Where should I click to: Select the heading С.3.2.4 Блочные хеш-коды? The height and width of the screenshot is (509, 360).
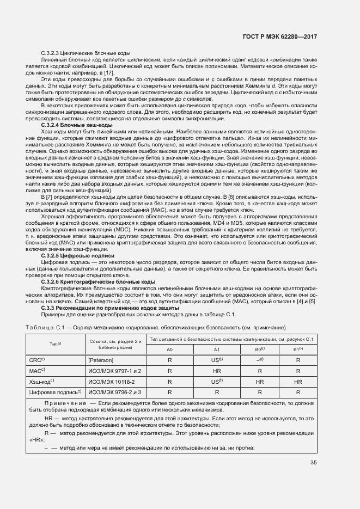tap(77, 125)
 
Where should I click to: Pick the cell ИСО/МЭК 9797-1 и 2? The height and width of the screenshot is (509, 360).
tap(114, 371)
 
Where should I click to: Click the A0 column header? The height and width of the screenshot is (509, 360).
tap(170, 349)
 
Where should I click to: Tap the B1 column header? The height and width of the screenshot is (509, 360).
tap(297, 349)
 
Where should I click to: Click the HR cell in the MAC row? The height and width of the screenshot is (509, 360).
tap(216, 371)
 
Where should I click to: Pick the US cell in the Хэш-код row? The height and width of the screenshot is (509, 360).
tap(216, 382)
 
